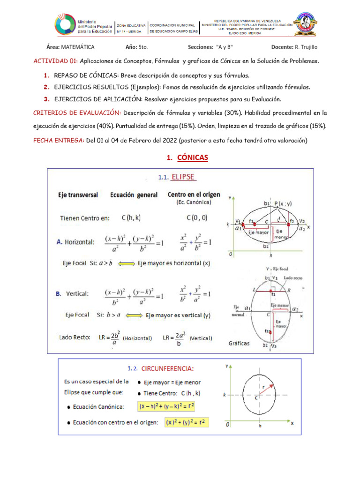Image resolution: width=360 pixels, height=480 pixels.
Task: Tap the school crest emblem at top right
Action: pos(306,25)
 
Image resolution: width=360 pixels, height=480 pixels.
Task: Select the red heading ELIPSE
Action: pos(183,177)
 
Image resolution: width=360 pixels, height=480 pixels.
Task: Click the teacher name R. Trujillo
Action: pos(307,47)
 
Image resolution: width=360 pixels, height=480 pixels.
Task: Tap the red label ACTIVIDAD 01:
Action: pos(55,61)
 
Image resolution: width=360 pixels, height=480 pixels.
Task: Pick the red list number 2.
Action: pos(46,87)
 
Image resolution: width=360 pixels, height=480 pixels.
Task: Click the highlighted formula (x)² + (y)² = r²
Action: pos(187,422)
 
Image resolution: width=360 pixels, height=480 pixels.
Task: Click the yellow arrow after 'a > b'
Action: pos(124,263)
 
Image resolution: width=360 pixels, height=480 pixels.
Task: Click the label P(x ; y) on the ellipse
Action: pos(284,203)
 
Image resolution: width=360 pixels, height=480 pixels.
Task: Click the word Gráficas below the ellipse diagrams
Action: pos(239,344)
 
